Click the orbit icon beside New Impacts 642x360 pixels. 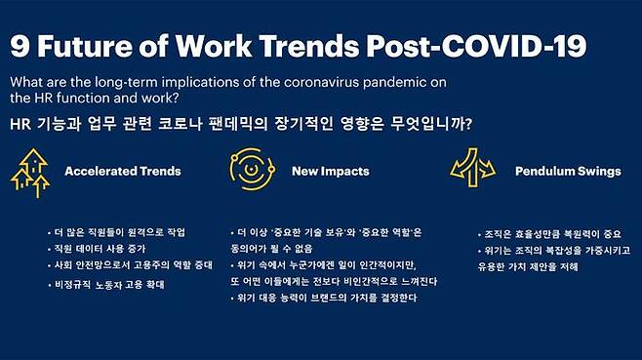point(250,170)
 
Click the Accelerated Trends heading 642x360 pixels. point(122,172)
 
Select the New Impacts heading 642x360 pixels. point(330,172)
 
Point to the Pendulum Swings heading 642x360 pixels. point(567,172)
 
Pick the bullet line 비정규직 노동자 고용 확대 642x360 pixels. point(111,285)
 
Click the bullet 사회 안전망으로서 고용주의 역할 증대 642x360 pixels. point(134,265)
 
